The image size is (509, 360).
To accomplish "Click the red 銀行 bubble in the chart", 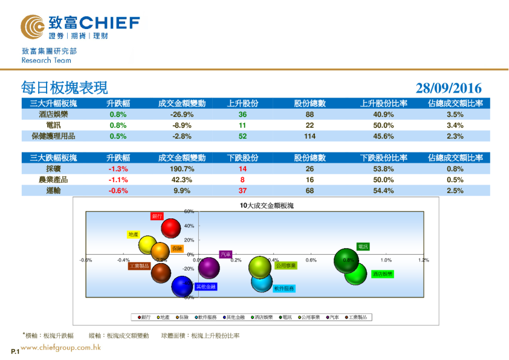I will coord(172,229).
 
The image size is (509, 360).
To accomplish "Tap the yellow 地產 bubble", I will coord(149,245).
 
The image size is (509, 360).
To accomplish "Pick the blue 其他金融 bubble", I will coord(182,286).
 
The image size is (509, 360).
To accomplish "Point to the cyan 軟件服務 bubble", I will coord(262,281).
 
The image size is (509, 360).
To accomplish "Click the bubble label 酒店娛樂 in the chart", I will coord(382,274).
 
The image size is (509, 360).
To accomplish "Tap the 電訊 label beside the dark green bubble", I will coord(363,247).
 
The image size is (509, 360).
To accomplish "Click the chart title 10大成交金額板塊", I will coord(267,206).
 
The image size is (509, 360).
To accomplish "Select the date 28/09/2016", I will coord(449,89).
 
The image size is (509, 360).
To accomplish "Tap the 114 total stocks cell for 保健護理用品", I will coord(310,136).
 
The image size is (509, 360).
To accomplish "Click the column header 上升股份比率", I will coord(384,103).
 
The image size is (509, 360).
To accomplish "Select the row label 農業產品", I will coord(53,180).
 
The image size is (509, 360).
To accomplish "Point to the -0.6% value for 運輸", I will coord(118,191).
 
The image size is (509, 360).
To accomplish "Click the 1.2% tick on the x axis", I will coord(423,260).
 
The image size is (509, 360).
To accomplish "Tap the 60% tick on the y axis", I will coord(189,212).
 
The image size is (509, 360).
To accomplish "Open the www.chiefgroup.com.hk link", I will coord(60,348).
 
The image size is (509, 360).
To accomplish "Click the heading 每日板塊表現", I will coord(64,88).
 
